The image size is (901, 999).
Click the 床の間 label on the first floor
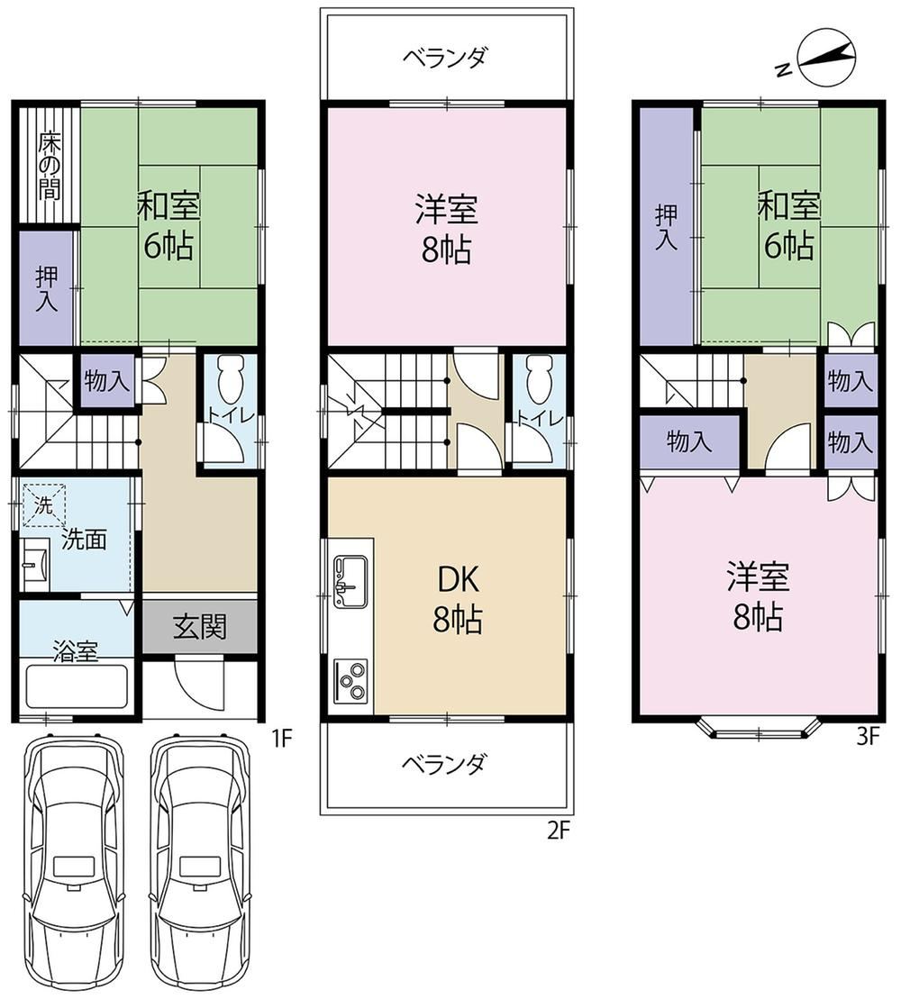click(x=49, y=166)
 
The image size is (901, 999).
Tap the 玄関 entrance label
click(x=200, y=627)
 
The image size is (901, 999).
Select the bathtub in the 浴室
click(x=77, y=686)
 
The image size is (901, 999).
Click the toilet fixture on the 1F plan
click(x=231, y=378)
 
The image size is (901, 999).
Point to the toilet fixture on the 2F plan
click(x=539, y=378)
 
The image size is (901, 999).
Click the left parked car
click(x=72, y=864)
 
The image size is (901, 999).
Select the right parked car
click(x=199, y=864)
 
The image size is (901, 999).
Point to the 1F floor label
click(x=281, y=738)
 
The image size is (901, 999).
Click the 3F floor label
click(x=868, y=737)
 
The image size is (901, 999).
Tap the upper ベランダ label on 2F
click(x=445, y=58)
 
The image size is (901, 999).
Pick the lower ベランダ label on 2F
click(x=445, y=763)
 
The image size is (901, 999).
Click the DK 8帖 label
click(x=458, y=599)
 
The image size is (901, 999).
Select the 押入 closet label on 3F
click(x=667, y=227)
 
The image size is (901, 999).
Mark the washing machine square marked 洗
click(x=43, y=505)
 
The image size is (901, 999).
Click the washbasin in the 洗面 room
click(x=35, y=563)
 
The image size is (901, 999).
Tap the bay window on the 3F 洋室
click(x=759, y=728)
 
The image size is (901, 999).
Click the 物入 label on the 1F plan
click(x=106, y=382)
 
